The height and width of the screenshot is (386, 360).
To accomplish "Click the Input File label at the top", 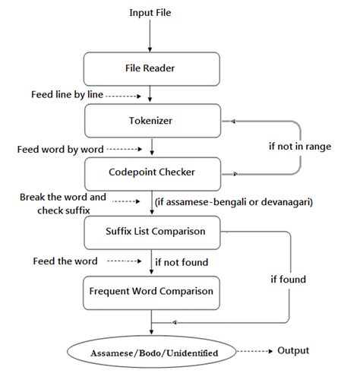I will [151, 13].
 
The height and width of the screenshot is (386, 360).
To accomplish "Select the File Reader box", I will [150, 68].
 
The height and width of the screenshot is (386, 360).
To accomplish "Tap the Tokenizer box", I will [150, 119].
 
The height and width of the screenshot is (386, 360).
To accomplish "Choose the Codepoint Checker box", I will [150, 172].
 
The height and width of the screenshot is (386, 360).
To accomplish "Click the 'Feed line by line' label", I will [55, 96].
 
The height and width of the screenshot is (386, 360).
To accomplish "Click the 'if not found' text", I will [182, 261].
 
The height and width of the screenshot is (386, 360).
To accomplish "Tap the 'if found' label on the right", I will [288, 280].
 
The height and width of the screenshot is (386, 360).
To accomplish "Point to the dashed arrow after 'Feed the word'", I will [124, 261].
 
